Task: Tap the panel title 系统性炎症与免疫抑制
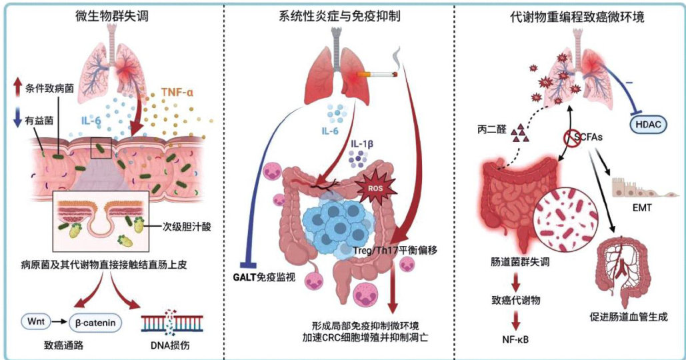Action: coord(341,16)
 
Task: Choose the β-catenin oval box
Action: coord(98,324)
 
